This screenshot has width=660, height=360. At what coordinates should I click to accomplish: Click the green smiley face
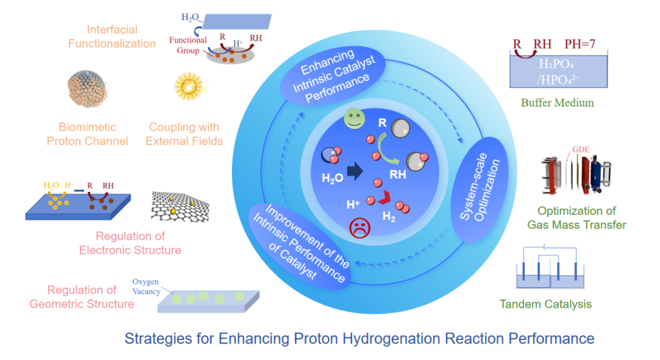tap(355, 119)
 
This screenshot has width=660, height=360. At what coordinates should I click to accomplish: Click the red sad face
tap(360, 228)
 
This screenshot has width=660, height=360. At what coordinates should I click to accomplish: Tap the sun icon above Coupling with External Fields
tap(189, 86)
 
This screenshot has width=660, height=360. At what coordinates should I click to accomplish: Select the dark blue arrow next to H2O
tap(355, 171)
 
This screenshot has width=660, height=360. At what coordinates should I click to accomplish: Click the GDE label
tap(581, 149)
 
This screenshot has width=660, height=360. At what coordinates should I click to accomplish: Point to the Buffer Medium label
tap(557, 103)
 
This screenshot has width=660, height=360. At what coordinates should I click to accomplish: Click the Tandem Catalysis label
tap(545, 304)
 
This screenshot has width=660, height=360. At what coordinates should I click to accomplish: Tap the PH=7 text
tap(580, 44)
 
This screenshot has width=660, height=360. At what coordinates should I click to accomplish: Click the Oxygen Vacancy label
tap(146, 287)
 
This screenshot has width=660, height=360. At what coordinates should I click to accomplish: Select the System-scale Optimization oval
tap(480, 189)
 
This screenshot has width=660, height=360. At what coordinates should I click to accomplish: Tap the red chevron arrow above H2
tap(384, 197)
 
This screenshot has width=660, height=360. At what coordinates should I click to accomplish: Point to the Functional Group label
tap(188, 45)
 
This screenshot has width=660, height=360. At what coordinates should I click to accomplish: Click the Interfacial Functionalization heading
tap(112, 36)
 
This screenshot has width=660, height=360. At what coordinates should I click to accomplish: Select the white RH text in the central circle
tap(398, 174)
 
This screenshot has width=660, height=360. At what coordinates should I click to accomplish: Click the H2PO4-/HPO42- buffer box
tap(558, 71)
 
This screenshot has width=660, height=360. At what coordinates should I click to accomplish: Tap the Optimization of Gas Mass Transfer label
tap(577, 218)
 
